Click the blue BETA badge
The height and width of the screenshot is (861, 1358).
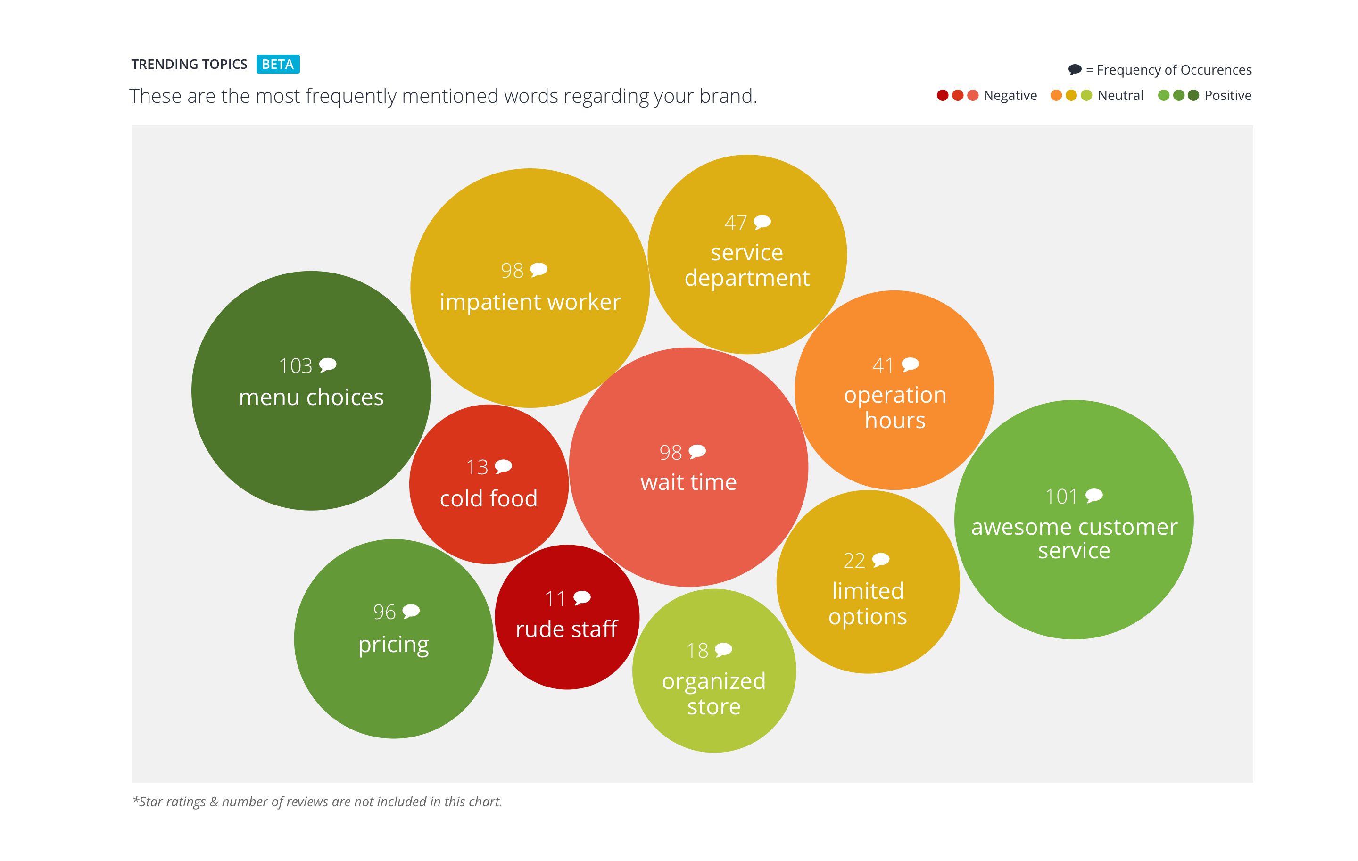(x=277, y=64)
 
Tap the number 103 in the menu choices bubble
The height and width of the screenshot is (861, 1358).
(x=296, y=366)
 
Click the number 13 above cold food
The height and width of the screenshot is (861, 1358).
(x=477, y=467)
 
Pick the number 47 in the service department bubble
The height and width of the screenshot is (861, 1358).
(x=736, y=223)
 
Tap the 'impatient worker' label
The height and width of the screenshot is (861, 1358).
(x=530, y=302)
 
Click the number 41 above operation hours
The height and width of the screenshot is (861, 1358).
(x=883, y=366)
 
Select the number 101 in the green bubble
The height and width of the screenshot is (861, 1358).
(x=1061, y=497)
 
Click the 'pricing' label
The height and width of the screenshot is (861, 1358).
(x=394, y=645)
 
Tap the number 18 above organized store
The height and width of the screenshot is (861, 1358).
(x=697, y=651)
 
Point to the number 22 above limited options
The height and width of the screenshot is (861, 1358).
(x=854, y=561)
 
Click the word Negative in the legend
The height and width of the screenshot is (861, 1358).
(x=1010, y=96)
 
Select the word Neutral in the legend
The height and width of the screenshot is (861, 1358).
(x=1120, y=96)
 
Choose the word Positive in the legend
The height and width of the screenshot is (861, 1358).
(x=1227, y=96)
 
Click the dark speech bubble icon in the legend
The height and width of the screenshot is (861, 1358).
(x=1074, y=69)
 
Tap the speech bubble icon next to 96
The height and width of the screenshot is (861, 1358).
(x=411, y=611)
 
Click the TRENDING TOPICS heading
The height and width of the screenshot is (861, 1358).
(x=190, y=64)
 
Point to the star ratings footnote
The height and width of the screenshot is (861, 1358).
(x=317, y=801)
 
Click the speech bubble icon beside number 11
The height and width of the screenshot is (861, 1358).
(x=581, y=597)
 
